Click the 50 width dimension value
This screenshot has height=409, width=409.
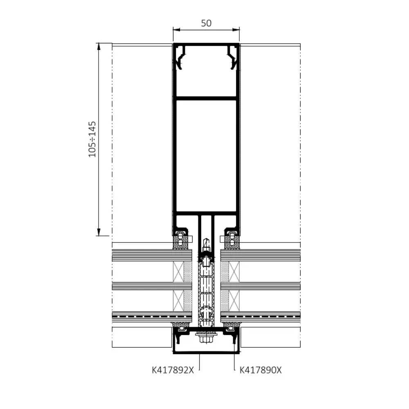pos(206,23)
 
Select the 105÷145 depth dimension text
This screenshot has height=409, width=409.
pos(92,139)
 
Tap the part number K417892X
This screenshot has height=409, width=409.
pos(173,370)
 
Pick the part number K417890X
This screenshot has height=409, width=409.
pos(261,370)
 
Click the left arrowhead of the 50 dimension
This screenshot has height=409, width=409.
pos(176,30)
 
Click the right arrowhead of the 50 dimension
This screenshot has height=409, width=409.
pos(236,30)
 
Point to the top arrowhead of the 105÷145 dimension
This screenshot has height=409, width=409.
pos(99,47)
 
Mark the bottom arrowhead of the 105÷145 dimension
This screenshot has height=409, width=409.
pos(99,232)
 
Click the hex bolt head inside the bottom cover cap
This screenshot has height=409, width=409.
pos(206,339)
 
